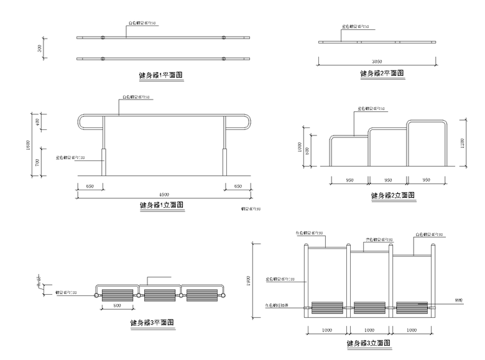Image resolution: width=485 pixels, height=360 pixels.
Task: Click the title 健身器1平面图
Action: [x=164, y=75]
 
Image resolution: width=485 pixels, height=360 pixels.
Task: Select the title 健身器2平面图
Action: [x=382, y=73]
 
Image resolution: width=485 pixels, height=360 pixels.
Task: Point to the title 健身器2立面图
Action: [x=392, y=195]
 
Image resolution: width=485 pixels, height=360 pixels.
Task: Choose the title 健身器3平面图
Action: [x=152, y=322]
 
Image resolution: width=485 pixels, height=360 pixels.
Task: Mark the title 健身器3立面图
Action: [x=368, y=343]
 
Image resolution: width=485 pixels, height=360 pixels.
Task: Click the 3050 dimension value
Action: [x=376, y=62]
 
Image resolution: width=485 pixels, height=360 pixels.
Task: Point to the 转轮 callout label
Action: [x=441, y=298]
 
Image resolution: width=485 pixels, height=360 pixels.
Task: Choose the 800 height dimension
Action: [x=307, y=152]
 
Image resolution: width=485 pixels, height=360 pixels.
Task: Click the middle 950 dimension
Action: [x=387, y=180]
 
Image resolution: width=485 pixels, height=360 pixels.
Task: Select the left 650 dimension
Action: [x=90, y=186]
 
